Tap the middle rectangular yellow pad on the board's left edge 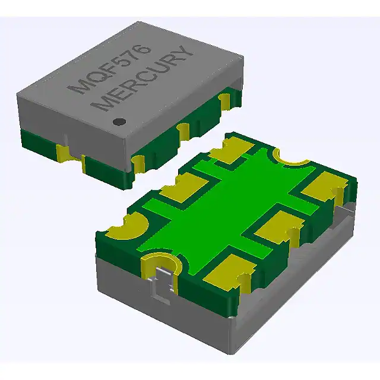[x=180, y=189]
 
